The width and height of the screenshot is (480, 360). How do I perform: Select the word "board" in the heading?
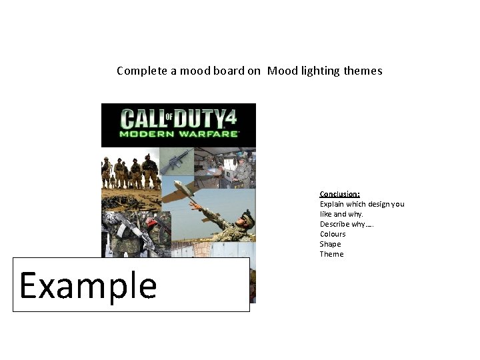pyautogui.click(x=214, y=71)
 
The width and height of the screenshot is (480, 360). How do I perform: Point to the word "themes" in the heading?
pyautogui.click(x=363, y=71)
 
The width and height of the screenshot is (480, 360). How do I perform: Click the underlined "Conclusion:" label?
pyautogui.click(x=340, y=194)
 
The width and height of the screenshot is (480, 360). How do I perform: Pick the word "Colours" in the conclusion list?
pyautogui.click(x=333, y=234)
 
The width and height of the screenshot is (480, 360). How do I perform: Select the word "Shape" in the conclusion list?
pyautogui.click(x=330, y=244)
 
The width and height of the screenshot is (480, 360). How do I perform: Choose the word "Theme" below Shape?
pyautogui.click(x=331, y=254)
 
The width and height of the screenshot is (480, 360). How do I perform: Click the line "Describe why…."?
pyautogui.click(x=347, y=224)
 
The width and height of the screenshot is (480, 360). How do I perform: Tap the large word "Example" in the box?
pyautogui.click(x=88, y=285)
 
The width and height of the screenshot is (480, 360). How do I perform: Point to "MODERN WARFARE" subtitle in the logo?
pyautogui.click(x=179, y=133)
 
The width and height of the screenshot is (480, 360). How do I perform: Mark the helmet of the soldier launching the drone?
pyautogui.click(x=247, y=215)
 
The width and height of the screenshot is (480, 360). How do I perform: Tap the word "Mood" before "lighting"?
pyautogui.click(x=281, y=71)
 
